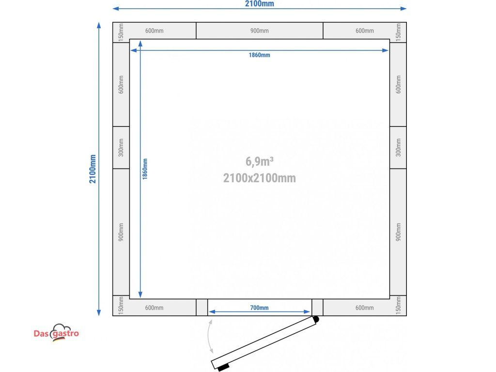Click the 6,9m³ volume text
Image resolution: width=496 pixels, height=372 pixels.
(260, 161)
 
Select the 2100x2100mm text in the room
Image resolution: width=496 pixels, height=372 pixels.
(260, 178)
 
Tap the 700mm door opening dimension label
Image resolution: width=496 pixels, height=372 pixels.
(260, 308)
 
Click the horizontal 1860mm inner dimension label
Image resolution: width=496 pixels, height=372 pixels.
(260, 55)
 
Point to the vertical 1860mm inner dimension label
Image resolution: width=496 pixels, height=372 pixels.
(145, 169)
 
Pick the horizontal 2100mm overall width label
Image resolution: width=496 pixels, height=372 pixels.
(260, 4)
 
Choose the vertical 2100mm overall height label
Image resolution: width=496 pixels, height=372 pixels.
(93, 169)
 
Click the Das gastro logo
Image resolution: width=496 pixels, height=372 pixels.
(56, 333)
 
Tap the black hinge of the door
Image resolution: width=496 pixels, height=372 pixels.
(316, 319)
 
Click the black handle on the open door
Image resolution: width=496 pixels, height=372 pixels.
(223, 367)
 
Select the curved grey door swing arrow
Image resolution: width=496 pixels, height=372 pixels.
(210, 336)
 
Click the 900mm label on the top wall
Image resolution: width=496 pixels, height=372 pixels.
(260, 31)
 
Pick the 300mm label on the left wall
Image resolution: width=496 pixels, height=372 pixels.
(121, 147)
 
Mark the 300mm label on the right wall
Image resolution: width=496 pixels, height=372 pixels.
(398, 147)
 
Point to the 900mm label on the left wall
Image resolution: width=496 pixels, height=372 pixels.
(121, 232)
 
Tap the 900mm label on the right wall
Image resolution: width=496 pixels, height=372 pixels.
(398, 232)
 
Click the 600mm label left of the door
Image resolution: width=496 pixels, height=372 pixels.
(155, 308)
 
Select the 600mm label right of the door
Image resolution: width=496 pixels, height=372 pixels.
(365, 308)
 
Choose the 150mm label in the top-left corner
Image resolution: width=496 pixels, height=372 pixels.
(121, 32)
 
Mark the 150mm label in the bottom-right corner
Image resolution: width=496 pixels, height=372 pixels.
(398, 306)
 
